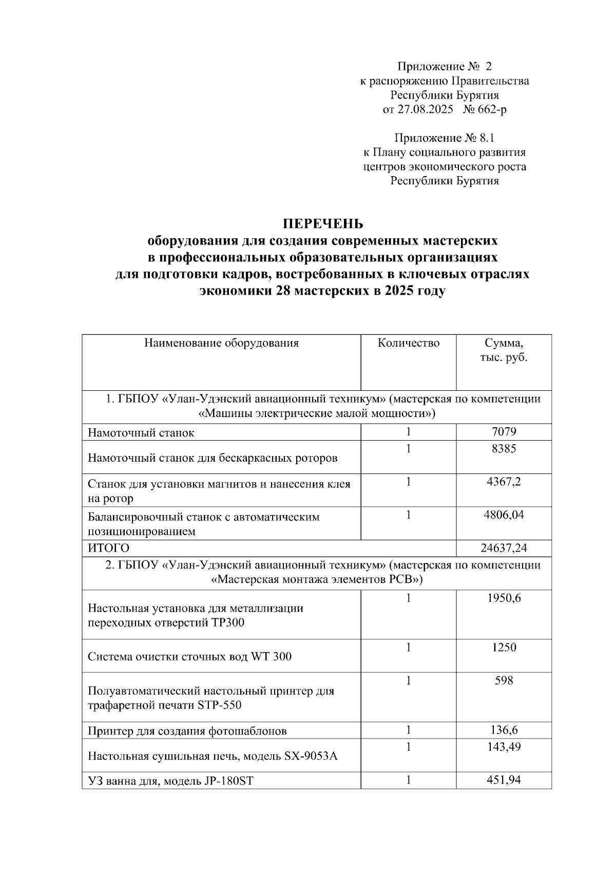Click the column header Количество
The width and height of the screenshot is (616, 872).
coord(409,343)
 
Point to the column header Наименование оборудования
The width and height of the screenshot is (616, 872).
coord(221,343)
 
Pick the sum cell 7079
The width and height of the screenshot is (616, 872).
coord(504,432)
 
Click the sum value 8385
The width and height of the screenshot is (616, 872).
coord(504,449)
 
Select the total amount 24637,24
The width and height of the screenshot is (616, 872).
coord(504,548)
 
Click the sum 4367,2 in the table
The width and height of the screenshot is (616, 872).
coord(504,482)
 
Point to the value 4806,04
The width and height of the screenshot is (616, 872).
coord(504,515)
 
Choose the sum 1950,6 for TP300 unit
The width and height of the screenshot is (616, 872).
coord(504,598)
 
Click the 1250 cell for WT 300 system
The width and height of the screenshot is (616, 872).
coord(504,647)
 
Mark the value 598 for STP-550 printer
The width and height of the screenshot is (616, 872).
coord(504,680)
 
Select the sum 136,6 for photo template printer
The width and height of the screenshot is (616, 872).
coord(504,730)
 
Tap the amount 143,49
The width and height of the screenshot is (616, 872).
coord(504,747)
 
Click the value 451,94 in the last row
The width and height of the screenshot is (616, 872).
coord(504,780)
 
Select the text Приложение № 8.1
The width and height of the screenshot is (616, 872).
coord(445,138)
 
